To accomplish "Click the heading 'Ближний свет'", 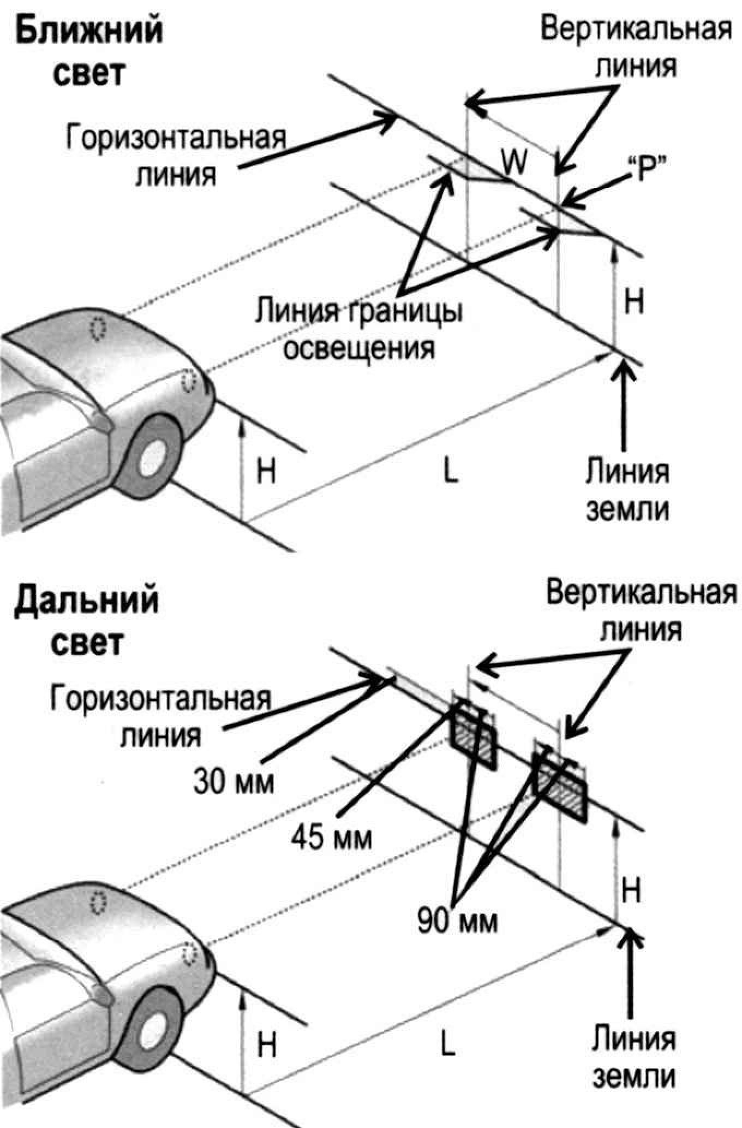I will tap(88, 50).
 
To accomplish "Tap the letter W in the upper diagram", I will tap(514, 162).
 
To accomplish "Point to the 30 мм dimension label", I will tap(234, 782).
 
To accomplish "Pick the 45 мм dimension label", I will tap(332, 836).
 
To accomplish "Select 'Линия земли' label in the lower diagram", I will tap(634, 1057).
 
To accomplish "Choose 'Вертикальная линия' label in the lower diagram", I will tap(641, 612).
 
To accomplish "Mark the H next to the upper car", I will tap(266, 471).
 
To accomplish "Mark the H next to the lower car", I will tap(266, 1044).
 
